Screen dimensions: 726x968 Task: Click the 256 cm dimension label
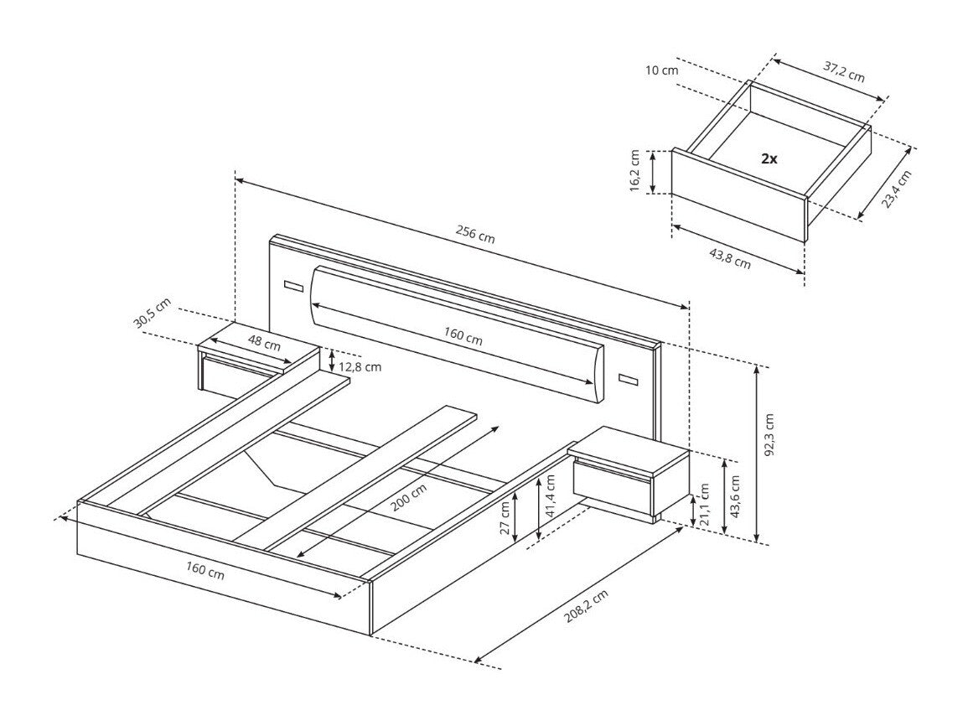(x=474, y=234)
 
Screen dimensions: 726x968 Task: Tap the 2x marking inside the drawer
(x=769, y=158)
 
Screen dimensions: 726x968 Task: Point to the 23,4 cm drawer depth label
(x=896, y=189)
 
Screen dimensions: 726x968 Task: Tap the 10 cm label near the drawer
(x=663, y=70)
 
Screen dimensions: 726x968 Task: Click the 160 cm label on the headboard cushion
(x=463, y=335)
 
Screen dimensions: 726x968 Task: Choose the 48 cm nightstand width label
(x=265, y=344)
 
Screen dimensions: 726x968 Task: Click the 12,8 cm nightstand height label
(x=361, y=366)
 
